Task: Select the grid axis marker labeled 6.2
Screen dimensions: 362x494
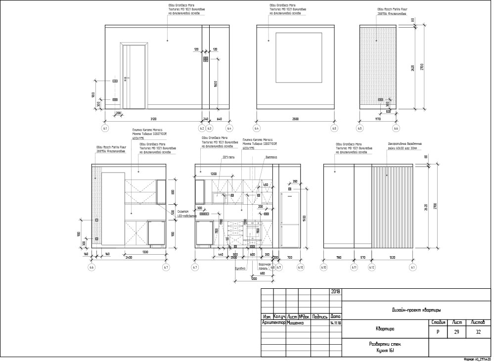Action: click(x=202, y=128)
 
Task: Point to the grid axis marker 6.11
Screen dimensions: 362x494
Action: click(x=355, y=267)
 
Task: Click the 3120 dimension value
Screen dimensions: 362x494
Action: click(x=154, y=119)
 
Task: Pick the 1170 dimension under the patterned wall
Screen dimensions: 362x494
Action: click(x=377, y=119)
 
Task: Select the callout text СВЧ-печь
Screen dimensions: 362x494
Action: click(x=228, y=158)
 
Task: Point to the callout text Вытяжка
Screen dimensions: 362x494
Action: click(x=270, y=158)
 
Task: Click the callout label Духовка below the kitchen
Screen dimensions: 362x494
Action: click(x=240, y=268)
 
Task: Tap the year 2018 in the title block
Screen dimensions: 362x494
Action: click(x=335, y=292)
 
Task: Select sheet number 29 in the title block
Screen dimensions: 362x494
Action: click(x=456, y=332)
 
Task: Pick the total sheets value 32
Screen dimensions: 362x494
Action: click(x=478, y=332)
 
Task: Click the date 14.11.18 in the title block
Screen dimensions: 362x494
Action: click(x=335, y=323)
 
